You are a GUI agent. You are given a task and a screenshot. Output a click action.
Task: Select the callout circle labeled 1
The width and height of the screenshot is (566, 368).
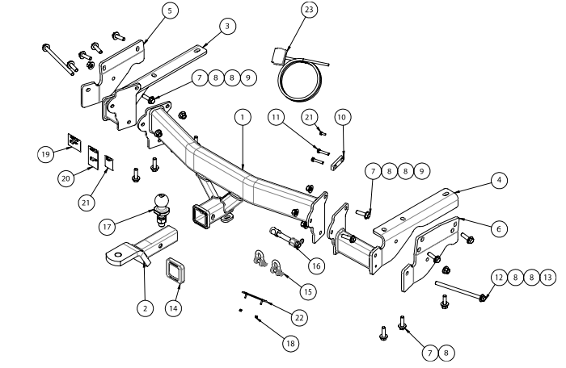pos(242,117)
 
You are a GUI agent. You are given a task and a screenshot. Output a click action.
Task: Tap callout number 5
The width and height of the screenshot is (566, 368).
pos(168,10)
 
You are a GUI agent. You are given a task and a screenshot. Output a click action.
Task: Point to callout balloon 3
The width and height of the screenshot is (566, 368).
pos(229,27)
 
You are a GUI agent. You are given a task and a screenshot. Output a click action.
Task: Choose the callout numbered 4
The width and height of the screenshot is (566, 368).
pos(501,180)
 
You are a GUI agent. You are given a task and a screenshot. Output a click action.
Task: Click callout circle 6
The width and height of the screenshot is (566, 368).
pos(499,229)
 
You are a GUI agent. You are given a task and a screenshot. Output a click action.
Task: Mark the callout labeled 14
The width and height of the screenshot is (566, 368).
pos(174,307)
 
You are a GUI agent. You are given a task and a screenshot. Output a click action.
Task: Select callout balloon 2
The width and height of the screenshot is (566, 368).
pos(144,307)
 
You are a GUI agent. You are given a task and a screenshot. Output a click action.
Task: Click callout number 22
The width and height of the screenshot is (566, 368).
pos(299,318)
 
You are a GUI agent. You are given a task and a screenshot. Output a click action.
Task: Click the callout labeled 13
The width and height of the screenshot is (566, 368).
pos(549,277)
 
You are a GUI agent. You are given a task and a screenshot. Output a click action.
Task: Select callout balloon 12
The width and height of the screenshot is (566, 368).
pos(496,277)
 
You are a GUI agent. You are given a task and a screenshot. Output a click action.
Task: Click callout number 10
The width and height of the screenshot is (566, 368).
pos(342,117)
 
